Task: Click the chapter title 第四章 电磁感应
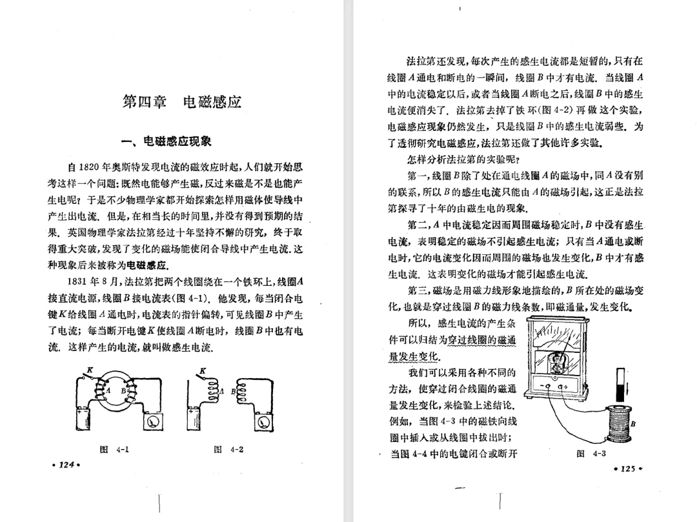coord(181,101)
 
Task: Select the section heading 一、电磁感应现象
coord(167,141)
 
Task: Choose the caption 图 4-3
coord(594,453)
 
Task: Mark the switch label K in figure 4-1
coord(90,369)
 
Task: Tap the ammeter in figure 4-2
coord(263,421)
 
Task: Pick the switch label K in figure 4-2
coord(203,369)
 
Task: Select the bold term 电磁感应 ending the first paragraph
coord(147,265)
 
